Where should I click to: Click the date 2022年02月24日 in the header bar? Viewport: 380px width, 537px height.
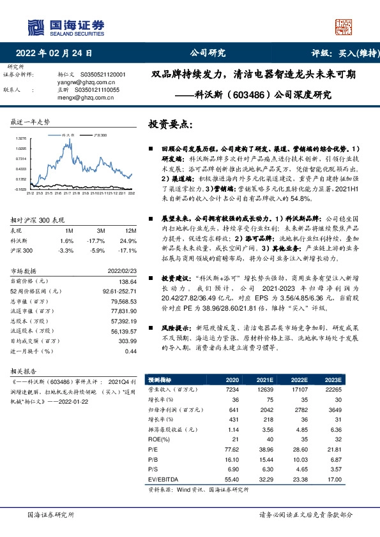pyautogui.click(x=58, y=54)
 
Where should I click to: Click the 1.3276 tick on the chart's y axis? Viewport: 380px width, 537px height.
pyautogui.click(x=22, y=138)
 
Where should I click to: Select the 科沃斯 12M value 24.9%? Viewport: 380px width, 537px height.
pyautogui.click(x=128, y=240)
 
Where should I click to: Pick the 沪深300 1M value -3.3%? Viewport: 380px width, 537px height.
pyautogui.click(x=65, y=251)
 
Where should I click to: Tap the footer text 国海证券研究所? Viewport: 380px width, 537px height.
pyautogui.click(x=50, y=514)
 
